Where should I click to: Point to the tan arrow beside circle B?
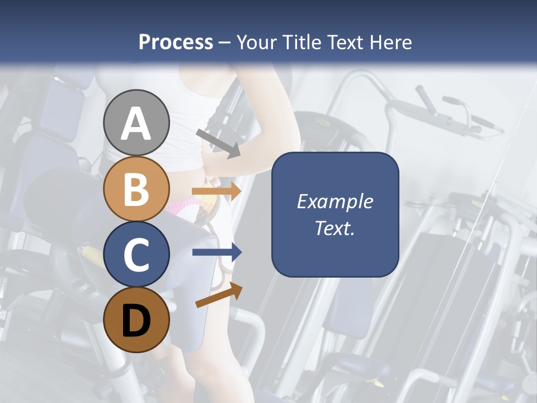217,191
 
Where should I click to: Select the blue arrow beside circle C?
217,252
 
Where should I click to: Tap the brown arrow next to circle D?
219,295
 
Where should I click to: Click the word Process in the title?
176,42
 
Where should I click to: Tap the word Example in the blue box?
335,201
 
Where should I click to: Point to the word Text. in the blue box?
335,228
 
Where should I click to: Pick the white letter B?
136,189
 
